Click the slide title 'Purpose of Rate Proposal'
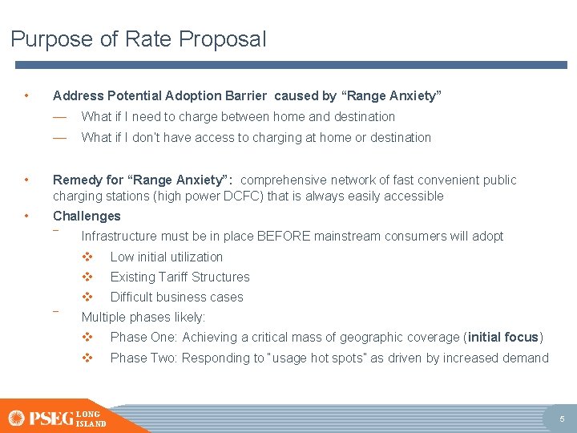point(138,39)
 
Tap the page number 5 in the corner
point(562,419)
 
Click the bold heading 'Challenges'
point(87,216)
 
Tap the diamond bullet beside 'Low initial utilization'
point(88,257)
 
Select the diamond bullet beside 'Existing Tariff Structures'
point(88,277)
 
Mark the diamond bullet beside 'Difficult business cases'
point(88,297)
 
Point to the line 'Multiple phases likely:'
point(143,317)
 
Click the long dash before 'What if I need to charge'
point(59,116)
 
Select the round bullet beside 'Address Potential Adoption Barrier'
point(27,95)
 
